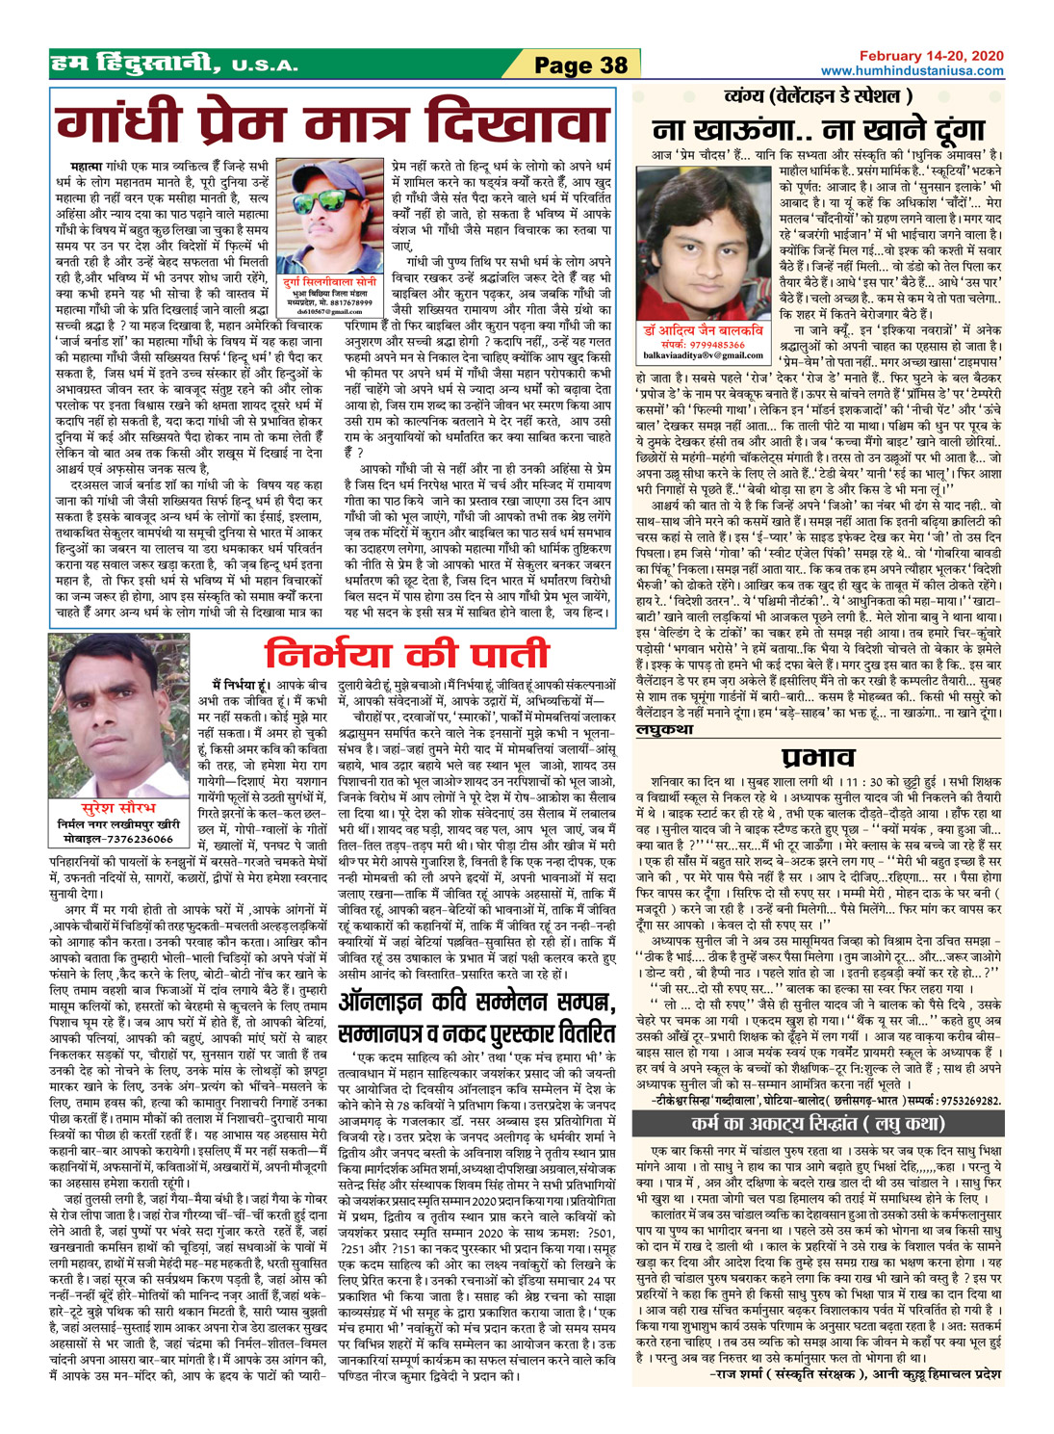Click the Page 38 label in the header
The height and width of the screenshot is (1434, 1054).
580,65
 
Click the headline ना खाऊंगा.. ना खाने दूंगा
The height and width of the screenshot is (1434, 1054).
818,129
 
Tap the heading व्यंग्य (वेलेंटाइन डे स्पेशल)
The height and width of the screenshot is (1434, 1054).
817,97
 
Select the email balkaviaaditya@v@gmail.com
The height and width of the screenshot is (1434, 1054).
701,355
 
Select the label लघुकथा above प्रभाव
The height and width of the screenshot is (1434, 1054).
665,730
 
